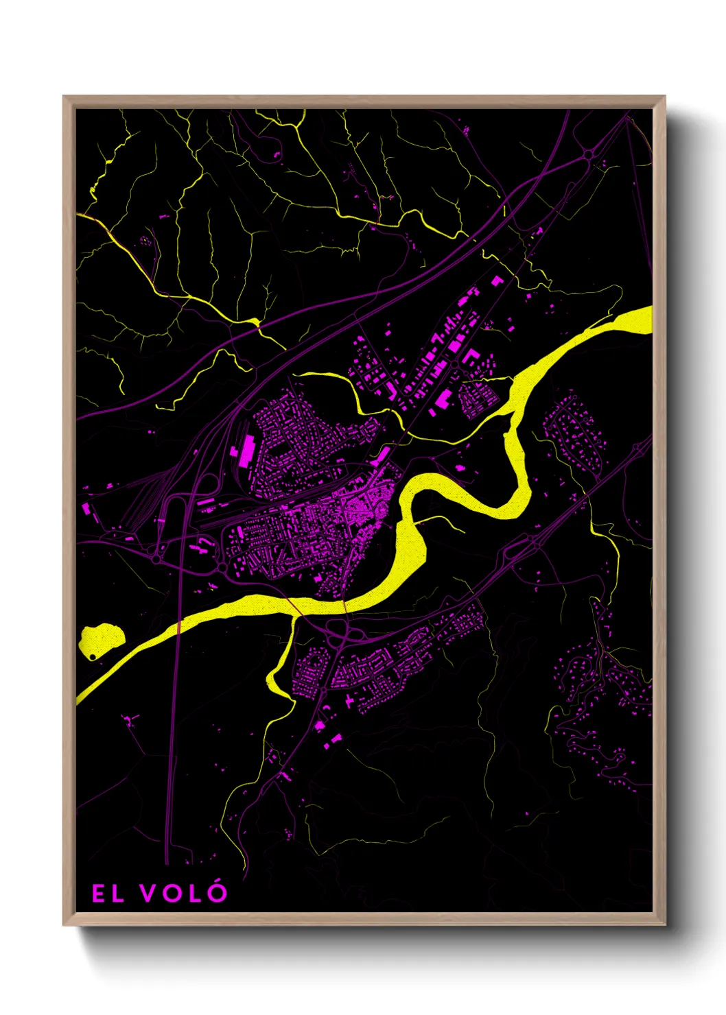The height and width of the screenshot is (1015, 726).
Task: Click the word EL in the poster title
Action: coord(108,893)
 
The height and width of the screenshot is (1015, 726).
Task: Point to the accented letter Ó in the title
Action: coord(217,892)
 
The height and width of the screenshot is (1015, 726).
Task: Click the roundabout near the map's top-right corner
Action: coord(589,155)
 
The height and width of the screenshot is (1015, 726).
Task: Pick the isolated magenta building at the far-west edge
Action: coord(86,509)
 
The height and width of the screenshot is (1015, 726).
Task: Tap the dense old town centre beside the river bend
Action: coord(367,504)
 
